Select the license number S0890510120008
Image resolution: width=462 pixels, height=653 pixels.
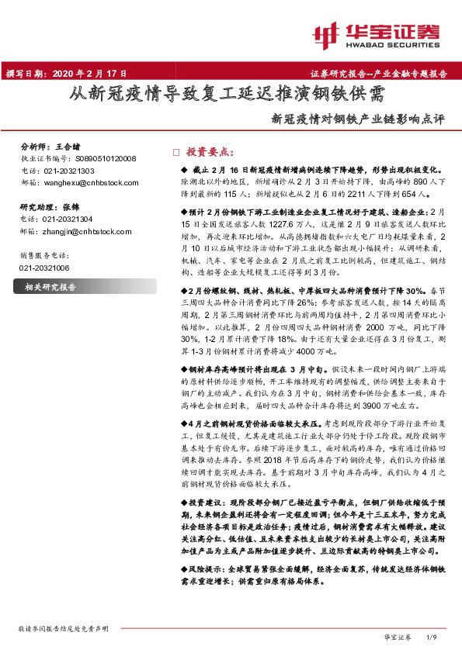(x=106, y=157)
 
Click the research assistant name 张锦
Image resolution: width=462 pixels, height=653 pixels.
(x=71, y=208)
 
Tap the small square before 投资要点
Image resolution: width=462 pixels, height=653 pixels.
(x=175, y=152)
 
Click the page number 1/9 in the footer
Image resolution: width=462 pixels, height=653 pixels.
(x=433, y=636)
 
